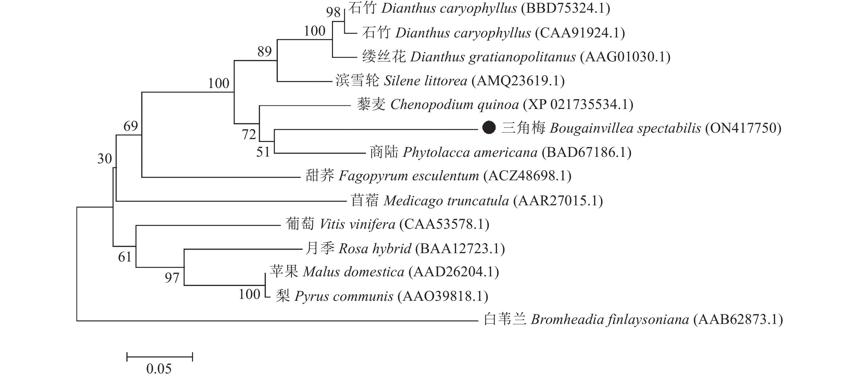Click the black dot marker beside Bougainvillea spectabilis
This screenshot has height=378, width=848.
pyautogui.click(x=489, y=128)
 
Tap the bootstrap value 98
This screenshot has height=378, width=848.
pyautogui.click(x=333, y=12)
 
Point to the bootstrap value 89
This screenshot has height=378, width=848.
pyautogui.click(x=265, y=51)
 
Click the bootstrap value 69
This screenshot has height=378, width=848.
pyautogui.click(x=131, y=126)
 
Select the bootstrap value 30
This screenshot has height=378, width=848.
pyautogui.click(x=105, y=159)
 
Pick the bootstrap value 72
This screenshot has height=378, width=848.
pyautogui.click(x=249, y=135)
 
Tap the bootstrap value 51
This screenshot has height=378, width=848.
pyautogui.click(x=263, y=152)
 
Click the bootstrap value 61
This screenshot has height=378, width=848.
pyautogui.click(x=125, y=257)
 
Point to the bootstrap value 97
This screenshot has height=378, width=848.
pyautogui.click(x=172, y=278)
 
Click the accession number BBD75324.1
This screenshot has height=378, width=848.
pyautogui.click(x=565, y=8)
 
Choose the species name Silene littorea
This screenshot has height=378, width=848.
pyautogui.click(x=426, y=81)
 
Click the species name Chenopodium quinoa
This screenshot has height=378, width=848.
pyautogui.click(x=455, y=105)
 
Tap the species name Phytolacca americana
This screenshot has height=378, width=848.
pyautogui.click(x=470, y=152)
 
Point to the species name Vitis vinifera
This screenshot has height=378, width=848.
pyautogui.click(x=357, y=224)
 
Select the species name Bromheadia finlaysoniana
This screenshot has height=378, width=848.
pyautogui.click(x=610, y=319)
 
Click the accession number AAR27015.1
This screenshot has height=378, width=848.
pyautogui.click(x=558, y=201)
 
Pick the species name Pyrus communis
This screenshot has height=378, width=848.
pyautogui.click(x=344, y=296)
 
